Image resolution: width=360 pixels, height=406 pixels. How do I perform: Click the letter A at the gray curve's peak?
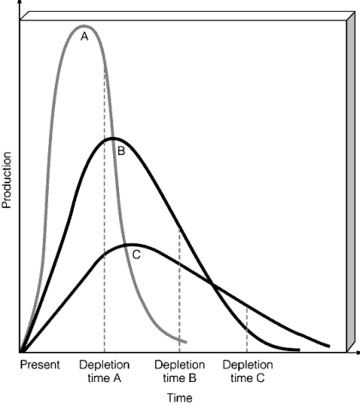click(84, 37)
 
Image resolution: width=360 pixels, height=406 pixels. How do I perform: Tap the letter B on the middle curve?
click(121, 152)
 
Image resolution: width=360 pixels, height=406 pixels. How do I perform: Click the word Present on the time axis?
click(40, 365)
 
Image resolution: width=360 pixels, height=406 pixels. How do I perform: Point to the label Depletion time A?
click(104, 371)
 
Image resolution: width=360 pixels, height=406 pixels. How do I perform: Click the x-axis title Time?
click(179, 397)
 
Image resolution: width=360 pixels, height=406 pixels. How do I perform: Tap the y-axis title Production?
click(8, 181)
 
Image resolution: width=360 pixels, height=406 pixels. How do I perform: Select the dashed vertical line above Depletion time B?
click(179, 291)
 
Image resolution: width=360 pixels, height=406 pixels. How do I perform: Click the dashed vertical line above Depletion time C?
click(247, 330)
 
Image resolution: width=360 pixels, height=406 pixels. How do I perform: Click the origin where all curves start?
click(21, 351)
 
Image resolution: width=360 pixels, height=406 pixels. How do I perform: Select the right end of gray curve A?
click(186, 342)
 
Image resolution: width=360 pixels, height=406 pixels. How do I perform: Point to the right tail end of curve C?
click(328, 346)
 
